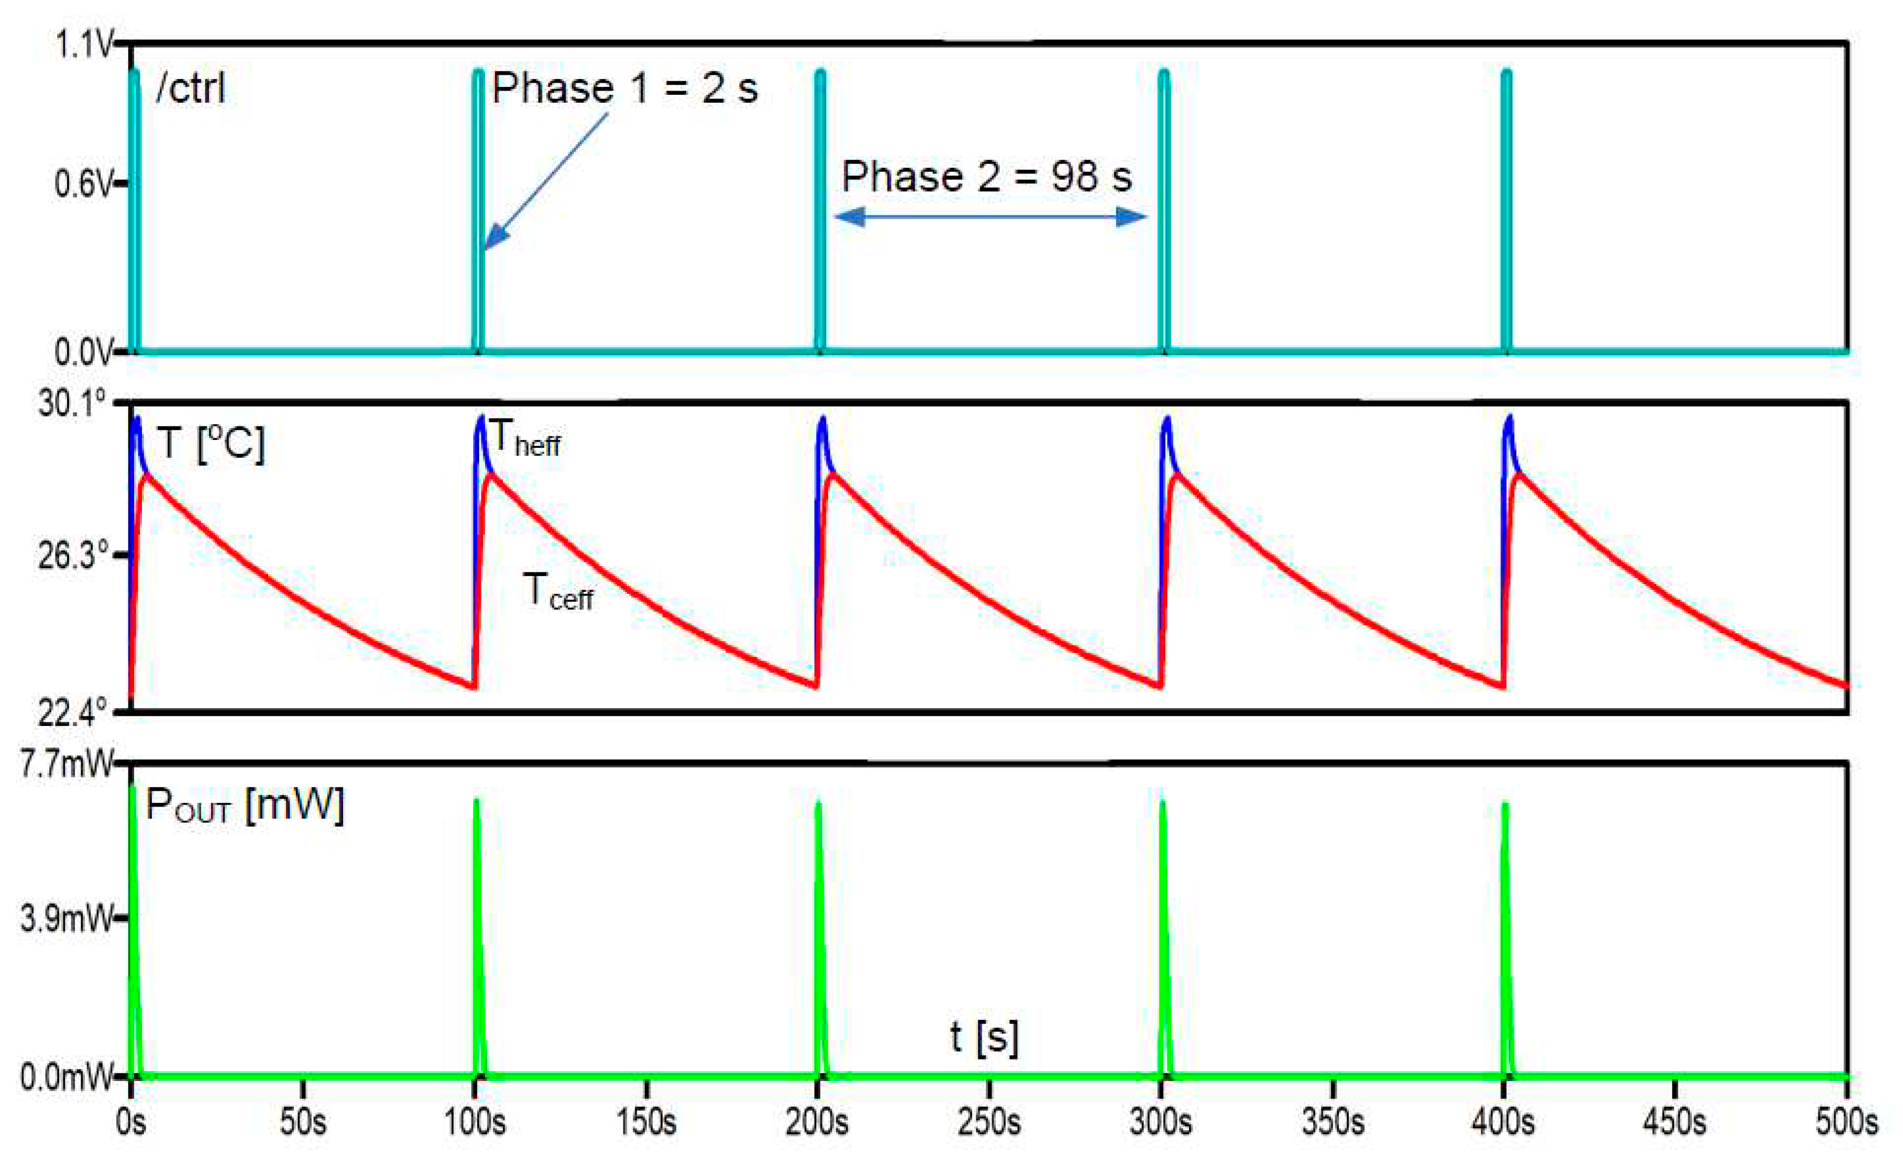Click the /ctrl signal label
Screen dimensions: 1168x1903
[191, 88]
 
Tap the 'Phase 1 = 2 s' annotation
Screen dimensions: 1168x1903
[624, 88]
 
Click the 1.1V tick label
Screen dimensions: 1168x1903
[83, 45]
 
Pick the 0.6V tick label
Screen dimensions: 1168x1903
[83, 184]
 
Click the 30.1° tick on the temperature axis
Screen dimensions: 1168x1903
[72, 403]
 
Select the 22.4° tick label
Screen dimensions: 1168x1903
[72, 712]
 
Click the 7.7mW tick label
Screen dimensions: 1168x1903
[65, 764]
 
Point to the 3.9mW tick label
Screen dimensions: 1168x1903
[65, 919]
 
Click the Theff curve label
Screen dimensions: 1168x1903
[525, 439]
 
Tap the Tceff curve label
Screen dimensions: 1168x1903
[558, 592]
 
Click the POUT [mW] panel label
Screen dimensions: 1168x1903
[244, 806]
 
